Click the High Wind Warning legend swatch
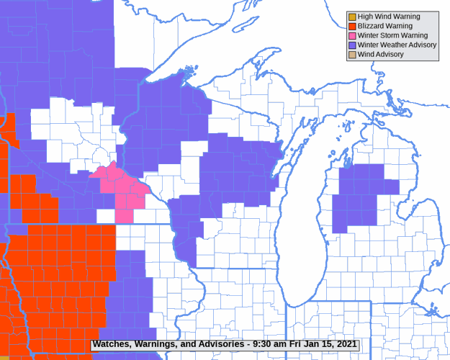pos(352,17)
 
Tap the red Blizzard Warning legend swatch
pos(352,26)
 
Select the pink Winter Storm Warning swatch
pos(352,35)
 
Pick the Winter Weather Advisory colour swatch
pos(352,45)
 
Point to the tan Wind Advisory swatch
pos(352,55)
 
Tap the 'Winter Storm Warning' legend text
pos(392,35)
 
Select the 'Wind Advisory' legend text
pos(381,55)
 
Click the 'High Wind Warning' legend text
pos(389,17)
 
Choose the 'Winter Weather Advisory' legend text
pos(397,45)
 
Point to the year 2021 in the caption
pos(344,344)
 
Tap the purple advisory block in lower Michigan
pos(360,194)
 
